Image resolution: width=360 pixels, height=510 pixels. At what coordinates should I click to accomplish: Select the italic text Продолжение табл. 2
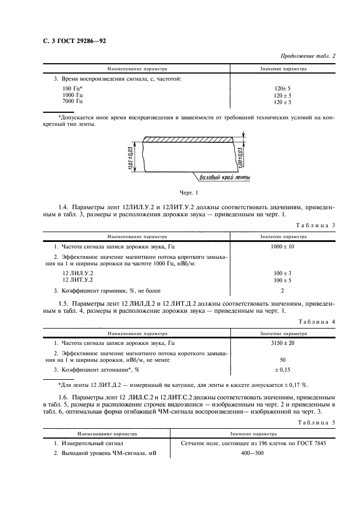tap(308, 56)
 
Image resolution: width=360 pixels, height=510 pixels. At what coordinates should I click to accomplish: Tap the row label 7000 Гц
tap(72, 101)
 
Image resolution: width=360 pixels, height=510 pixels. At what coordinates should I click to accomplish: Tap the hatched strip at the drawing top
tap(188, 140)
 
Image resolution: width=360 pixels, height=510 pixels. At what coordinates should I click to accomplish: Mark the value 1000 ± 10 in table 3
tap(283, 246)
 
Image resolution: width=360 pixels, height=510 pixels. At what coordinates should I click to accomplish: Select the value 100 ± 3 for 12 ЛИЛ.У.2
tap(283, 272)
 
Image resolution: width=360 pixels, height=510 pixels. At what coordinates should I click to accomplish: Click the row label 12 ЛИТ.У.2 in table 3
tap(77, 280)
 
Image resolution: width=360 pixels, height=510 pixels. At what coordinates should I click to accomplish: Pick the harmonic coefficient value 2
tap(282, 291)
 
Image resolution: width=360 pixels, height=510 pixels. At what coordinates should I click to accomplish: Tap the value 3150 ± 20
tap(283, 343)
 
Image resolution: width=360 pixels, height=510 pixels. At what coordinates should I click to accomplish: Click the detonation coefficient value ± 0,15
tap(283, 370)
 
